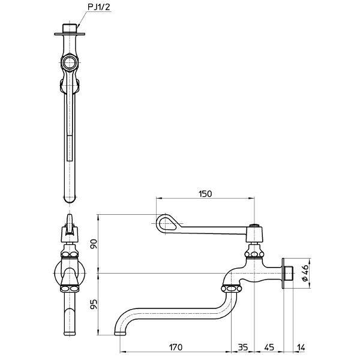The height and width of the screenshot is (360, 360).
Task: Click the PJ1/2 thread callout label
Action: point(99,7)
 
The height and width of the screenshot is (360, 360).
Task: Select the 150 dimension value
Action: point(205,194)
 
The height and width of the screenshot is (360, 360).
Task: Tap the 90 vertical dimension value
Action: point(94,244)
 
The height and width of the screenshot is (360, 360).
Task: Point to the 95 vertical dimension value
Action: point(94,304)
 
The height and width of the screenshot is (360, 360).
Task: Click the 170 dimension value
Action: point(176,347)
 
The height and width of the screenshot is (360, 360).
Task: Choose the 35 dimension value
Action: point(242,347)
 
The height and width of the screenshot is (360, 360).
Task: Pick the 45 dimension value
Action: point(269,347)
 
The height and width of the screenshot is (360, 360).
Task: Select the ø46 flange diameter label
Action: point(305,273)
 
